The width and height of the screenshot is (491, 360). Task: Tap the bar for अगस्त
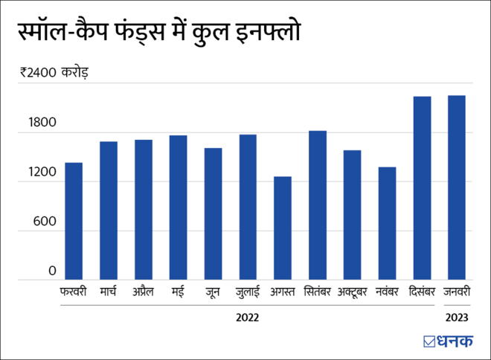(283, 228)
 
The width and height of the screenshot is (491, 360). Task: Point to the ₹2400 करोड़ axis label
(54, 73)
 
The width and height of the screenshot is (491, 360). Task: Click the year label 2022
(247, 318)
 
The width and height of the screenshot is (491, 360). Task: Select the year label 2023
(456, 318)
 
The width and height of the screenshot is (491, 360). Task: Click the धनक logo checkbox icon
(429, 341)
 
